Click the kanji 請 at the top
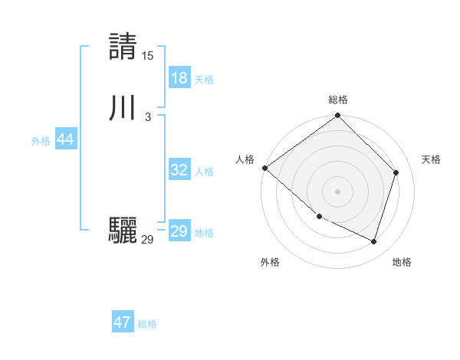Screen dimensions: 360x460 pyautogui.click(x=123, y=46)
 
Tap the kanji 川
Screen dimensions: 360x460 pyautogui.click(x=123, y=107)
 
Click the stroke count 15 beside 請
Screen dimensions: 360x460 pyautogui.click(x=148, y=56)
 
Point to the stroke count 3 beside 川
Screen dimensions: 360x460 pyautogui.click(x=148, y=117)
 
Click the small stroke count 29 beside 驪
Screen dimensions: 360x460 pyautogui.click(x=148, y=240)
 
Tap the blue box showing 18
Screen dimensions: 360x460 pyautogui.click(x=179, y=77)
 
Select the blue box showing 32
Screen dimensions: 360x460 pyautogui.click(x=179, y=170)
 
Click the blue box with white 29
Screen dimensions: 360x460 pyautogui.click(x=179, y=231)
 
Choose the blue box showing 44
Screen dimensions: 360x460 pyautogui.click(x=65, y=139)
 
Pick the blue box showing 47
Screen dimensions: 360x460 pyautogui.click(x=123, y=322)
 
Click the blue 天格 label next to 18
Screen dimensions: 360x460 pyautogui.click(x=204, y=80)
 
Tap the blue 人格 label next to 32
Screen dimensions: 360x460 pyautogui.click(x=204, y=172)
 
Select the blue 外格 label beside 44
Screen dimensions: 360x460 pyautogui.click(x=41, y=142)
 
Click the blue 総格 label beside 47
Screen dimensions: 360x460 pyautogui.click(x=147, y=325)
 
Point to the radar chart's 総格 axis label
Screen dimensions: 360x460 pyautogui.click(x=338, y=100)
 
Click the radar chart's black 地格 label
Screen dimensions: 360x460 pyautogui.click(x=402, y=262)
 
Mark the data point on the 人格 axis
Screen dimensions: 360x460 pyautogui.click(x=264, y=168)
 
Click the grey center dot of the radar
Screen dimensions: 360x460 pyautogui.click(x=337, y=191)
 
